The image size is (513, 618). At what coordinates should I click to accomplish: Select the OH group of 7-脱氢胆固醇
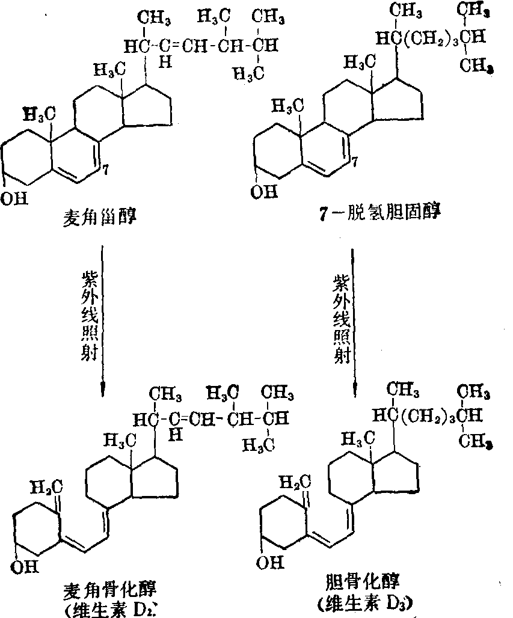265,192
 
